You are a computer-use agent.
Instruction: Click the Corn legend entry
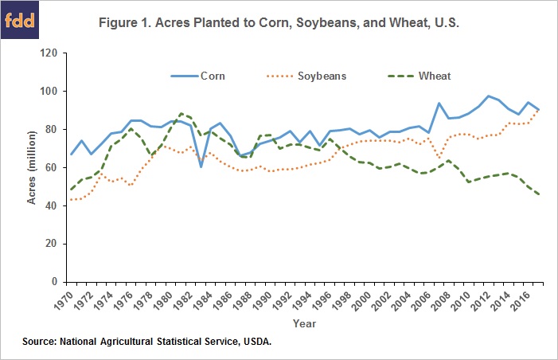(210, 76)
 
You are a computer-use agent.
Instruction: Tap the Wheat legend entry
(435, 76)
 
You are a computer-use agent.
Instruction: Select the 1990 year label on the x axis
(272, 299)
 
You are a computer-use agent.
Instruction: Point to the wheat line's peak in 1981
(181, 114)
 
